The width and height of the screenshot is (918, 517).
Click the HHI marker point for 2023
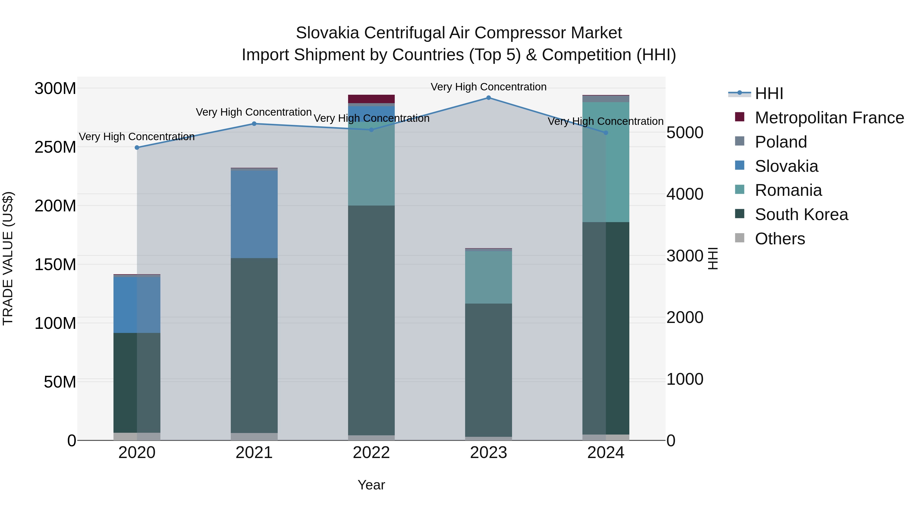coord(488,98)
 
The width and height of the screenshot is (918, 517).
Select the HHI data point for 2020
coord(137,147)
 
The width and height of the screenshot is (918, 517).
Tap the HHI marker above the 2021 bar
coord(254,124)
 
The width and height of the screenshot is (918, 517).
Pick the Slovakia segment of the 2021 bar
coord(254,214)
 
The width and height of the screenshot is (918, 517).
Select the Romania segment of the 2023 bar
coord(488,277)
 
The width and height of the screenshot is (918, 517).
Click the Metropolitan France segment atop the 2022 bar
coord(371,99)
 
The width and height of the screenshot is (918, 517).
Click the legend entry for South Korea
coord(801,214)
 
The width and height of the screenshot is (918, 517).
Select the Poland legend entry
coord(781,142)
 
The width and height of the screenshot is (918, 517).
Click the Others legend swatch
coord(739,238)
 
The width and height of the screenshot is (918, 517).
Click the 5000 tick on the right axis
coord(685,133)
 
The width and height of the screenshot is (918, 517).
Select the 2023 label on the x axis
coord(488,453)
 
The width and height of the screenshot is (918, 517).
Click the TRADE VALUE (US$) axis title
coord(8,258)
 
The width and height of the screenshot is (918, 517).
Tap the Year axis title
coord(371,485)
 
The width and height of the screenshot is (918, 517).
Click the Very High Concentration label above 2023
coord(488,87)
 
